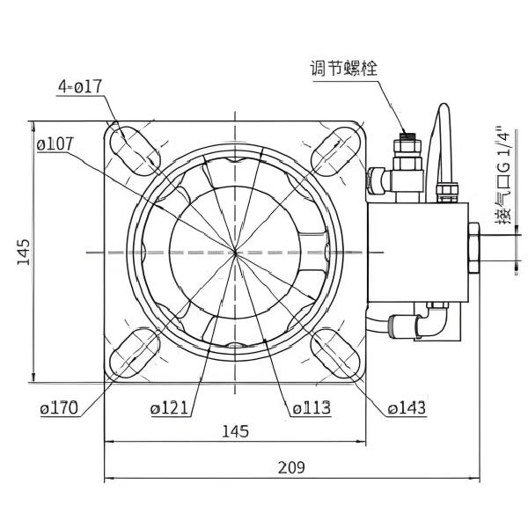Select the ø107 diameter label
[x=56, y=143]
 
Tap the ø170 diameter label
[x=59, y=407]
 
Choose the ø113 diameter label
[x=311, y=407]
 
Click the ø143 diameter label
[x=407, y=407]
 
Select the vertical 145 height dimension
[x=24, y=253]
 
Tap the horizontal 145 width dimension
[x=235, y=430]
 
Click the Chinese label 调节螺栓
[x=343, y=69]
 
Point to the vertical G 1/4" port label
[x=502, y=176]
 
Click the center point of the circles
[x=237, y=252]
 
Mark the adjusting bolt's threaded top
[x=407, y=137]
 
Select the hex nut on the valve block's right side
[x=473, y=251]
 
